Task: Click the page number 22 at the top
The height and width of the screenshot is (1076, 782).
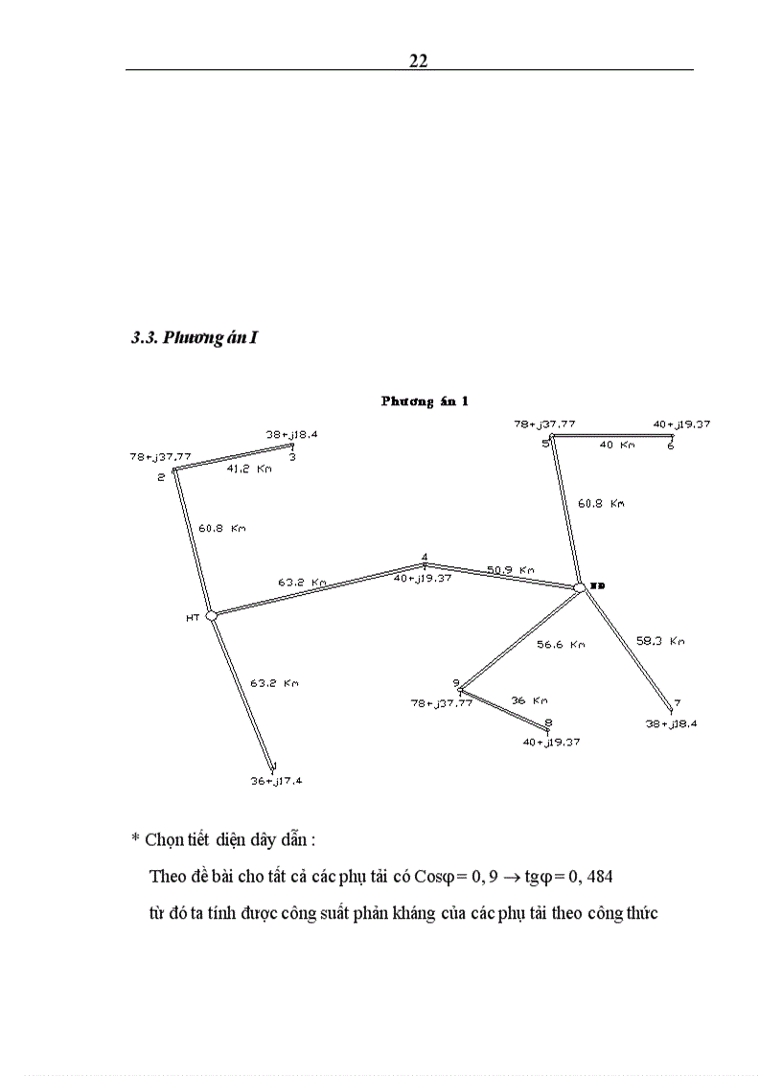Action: click(418, 60)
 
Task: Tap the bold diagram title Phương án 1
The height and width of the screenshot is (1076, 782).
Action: click(425, 401)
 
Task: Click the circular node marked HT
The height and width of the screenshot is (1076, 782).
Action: click(212, 616)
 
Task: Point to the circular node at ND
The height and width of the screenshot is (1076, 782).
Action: click(580, 586)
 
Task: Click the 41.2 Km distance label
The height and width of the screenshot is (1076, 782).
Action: click(249, 469)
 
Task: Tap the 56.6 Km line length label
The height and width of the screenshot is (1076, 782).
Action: click(561, 645)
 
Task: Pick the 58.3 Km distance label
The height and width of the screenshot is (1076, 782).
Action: click(660, 641)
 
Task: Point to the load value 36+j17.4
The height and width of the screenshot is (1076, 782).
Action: click(276, 781)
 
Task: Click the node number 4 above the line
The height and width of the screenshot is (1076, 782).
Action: click(425, 557)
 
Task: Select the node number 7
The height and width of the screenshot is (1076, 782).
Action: click(677, 702)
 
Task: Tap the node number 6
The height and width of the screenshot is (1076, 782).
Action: click(670, 446)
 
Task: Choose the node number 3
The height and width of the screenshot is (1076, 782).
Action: click(291, 457)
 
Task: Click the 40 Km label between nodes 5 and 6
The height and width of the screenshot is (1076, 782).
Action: click(617, 446)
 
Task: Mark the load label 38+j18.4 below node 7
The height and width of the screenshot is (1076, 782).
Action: click(671, 724)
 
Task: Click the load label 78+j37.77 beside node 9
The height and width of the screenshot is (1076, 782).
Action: click(440, 703)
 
